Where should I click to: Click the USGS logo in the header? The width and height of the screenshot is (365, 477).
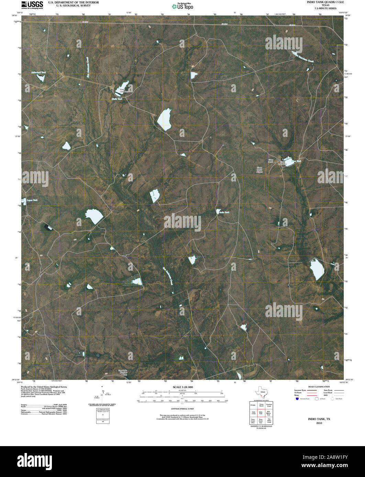[32, 4]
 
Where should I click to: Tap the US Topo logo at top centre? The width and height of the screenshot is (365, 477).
[182, 6]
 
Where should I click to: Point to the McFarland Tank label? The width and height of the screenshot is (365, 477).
[38, 72]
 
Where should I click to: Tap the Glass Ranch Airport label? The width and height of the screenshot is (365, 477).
[260, 170]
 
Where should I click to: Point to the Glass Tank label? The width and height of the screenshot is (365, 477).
[296, 161]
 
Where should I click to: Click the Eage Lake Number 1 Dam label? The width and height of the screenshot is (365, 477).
[123, 372]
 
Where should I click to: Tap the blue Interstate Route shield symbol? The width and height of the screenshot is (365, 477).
[297, 399]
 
